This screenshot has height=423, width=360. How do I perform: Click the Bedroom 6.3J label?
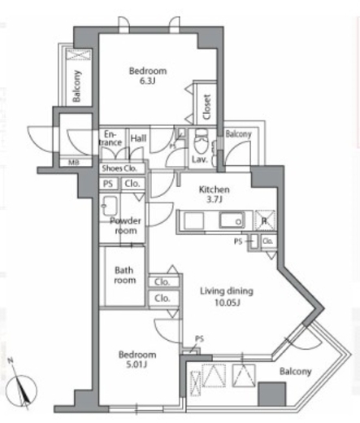[x=148, y=76]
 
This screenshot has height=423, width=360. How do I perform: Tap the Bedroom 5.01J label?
[x=137, y=360]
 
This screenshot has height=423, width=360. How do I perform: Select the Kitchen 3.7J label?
[x=214, y=194]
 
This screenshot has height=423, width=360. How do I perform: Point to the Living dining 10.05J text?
[x=227, y=296]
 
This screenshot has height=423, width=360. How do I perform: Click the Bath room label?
[x=124, y=275]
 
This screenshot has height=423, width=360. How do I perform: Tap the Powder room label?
[x=125, y=225]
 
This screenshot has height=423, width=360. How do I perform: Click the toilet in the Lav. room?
[x=201, y=140]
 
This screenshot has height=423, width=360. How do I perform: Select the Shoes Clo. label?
[x=119, y=168]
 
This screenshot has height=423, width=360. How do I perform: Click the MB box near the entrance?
[x=74, y=163]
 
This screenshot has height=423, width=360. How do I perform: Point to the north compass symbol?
[x=21, y=388]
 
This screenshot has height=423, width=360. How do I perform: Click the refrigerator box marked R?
[x=265, y=220]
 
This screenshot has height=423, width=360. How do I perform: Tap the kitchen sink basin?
[x=232, y=220]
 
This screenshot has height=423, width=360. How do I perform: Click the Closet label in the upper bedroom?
[x=206, y=107]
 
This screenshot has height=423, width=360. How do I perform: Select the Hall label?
[x=138, y=138]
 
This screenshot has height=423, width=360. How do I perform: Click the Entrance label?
[x=111, y=138]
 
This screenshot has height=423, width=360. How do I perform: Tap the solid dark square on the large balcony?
[x=271, y=394]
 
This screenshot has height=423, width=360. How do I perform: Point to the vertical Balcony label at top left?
[x=77, y=86]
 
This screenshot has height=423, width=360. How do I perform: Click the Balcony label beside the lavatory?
[x=238, y=133]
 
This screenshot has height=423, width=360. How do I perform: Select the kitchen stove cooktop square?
[x=194, y=220]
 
